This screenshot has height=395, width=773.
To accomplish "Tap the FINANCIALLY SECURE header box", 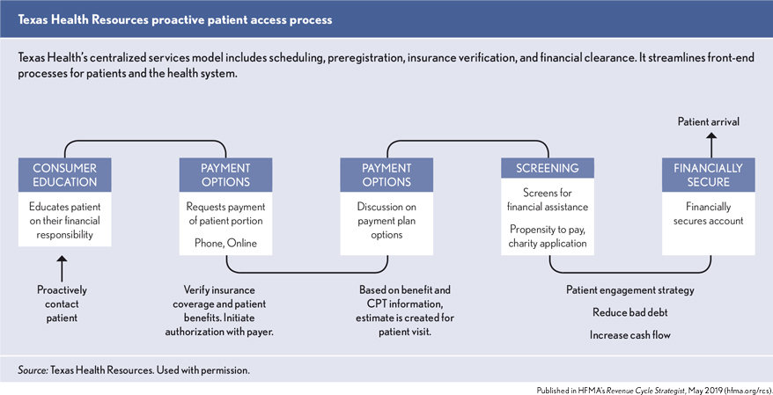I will click(x=709, y=175).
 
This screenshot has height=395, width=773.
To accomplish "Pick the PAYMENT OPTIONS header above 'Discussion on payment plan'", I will click(x=386, y=175).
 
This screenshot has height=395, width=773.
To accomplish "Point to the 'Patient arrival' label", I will click(x=709, y=121).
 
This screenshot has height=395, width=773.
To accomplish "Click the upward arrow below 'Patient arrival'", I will click(x=709, y=144).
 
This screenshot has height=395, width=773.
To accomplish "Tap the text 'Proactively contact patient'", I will click(x=62, y=304).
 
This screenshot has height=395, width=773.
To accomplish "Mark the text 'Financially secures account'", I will click(x=709, y=215).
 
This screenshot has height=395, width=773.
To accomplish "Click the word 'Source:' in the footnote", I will click(x=33, y=370).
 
